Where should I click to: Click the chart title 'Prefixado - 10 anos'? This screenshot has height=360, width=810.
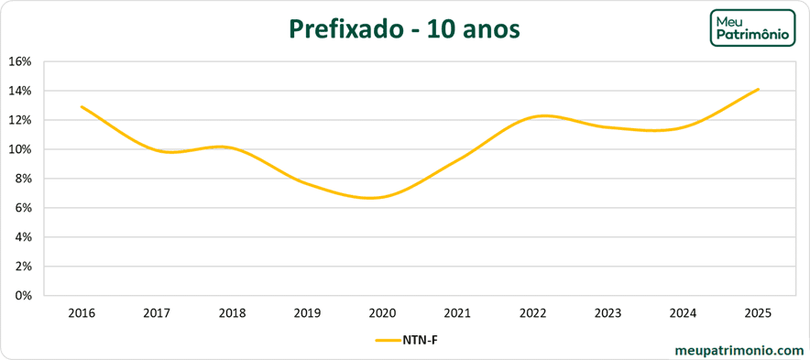pyautogui.click(x=405, y=29)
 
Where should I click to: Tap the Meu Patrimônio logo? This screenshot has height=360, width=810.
pyautogui.click(x=752, y=27)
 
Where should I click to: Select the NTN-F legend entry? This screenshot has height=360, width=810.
pyautogui.click(x=411, y=340)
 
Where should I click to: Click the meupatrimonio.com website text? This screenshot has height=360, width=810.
pyautogui.click(x=738, y=350)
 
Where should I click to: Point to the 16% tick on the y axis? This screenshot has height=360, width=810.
pyautogui.click(x=19, y=61)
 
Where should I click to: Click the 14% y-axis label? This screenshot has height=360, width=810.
pyautogui.click(x=19, y=91)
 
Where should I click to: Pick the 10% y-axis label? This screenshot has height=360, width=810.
pyautogui.click(x=19, y=149)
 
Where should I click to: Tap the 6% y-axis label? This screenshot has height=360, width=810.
pyautogui.click(x=22, y=208)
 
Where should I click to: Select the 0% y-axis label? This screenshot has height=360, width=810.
pyautogui.click(x=22, y=295)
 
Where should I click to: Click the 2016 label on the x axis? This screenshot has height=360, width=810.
pyautogui.click(x=82, y=313)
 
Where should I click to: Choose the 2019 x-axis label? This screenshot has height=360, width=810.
pyautogui.click(x=307, y=313)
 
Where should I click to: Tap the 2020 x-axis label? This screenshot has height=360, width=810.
pyautogui.click(x=382, y=313)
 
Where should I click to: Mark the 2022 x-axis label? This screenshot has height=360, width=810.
pyautogui.click(x=532, y=313)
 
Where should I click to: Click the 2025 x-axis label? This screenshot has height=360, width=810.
pyautogui.click(x=759, y=313)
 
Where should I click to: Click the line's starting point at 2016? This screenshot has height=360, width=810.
pyautogui.click(x=82, y=107)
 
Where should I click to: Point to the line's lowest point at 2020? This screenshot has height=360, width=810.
pyautogui.click(x=382, y=197)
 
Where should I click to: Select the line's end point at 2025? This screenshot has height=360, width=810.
pyautogui.click(x=759, y=89)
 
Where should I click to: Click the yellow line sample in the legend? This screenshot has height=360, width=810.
pyautogui.click(x=388, y=340)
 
